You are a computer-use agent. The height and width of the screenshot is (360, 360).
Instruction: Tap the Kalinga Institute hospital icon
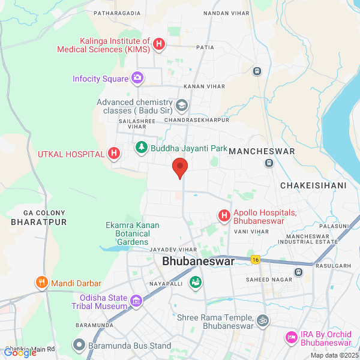tap(159, 44)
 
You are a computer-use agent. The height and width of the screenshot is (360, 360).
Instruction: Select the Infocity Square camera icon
tap(137, 78)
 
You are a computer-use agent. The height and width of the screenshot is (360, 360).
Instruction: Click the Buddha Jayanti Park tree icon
tap(142, 147)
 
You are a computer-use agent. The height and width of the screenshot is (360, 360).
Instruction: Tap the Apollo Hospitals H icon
tap(224, 215)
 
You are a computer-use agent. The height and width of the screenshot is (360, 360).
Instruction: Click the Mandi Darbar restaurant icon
tap(42, 283)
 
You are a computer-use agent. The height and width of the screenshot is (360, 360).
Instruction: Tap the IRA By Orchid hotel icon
tap(292, 338)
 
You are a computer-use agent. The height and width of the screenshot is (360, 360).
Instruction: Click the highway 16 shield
tap(255, 259)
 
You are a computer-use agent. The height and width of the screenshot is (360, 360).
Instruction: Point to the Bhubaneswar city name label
tap(198, 262)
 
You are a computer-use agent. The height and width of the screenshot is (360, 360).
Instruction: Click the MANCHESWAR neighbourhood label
tap(262, 151)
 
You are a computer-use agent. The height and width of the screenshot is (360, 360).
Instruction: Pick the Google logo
tap(20, 353)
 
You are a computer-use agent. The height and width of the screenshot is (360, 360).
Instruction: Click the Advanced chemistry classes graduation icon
tap(182, 106)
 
